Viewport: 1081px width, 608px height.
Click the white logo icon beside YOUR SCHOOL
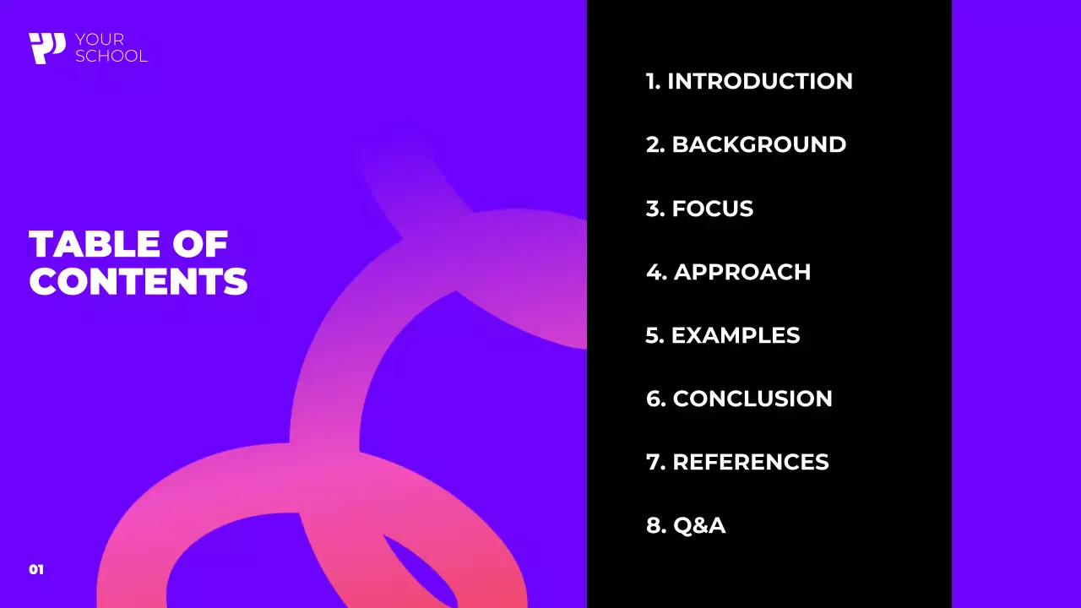point(46,48)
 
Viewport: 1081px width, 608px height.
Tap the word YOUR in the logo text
point(100,40)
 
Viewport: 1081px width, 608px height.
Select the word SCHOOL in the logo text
point(111,57)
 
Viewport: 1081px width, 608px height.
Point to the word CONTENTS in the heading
point(139,282)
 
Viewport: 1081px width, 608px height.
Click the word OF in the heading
point(200,245)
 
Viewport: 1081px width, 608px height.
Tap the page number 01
point(36,570)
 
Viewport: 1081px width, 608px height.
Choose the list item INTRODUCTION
point(760,81)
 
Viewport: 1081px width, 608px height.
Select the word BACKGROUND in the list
point(758,144)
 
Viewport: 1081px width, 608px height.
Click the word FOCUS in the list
point(712,209)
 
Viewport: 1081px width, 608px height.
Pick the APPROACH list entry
point(741,272)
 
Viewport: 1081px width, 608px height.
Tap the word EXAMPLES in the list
point(735,335)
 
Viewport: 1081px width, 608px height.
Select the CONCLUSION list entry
point(752,399)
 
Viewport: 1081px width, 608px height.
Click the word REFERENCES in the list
point(750,462)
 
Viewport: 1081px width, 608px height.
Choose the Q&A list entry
point(699,525)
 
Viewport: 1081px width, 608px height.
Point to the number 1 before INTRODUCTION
point(650,81)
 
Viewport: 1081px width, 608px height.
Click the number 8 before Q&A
point(654,525)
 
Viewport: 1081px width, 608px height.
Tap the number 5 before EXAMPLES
point(653,335)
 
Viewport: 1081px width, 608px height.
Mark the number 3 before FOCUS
point(654,209)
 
